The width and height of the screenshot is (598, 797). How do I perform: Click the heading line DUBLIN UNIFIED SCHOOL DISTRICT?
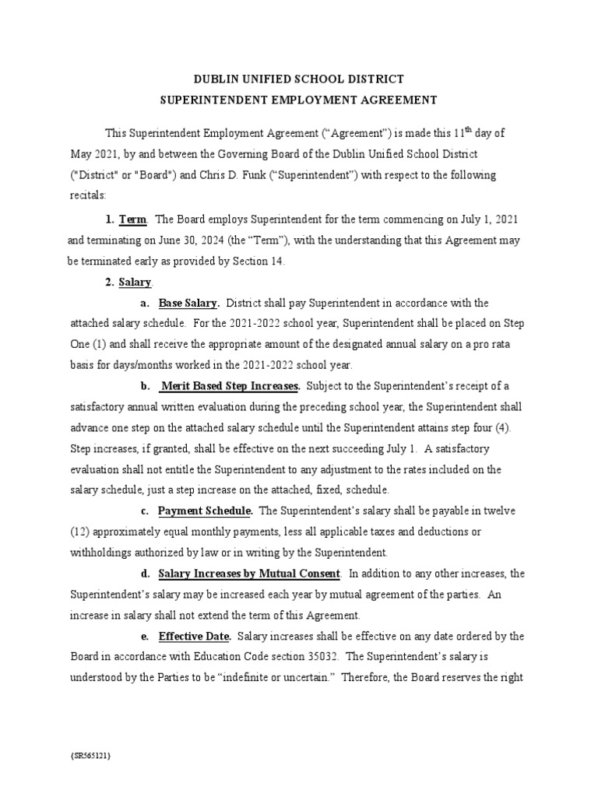point(299,79)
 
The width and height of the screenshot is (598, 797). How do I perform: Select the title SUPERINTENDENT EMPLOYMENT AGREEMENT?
point(299,100)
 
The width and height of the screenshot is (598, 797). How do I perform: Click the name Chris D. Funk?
point(242,174)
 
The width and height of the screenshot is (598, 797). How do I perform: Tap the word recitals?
point(89,195)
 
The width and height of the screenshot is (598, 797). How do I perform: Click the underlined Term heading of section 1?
point(133,221)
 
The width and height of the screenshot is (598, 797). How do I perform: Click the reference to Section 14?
point(259,262)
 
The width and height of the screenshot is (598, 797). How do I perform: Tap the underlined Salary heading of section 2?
point(135,282)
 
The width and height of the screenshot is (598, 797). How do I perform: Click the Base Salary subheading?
point(188,303)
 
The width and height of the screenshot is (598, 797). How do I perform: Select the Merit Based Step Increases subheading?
point(230,385)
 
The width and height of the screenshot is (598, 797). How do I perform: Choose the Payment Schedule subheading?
point(205,511)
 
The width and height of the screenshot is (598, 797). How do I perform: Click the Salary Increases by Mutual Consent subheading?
point(249,574)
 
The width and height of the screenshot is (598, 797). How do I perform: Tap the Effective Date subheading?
point(195,636)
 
